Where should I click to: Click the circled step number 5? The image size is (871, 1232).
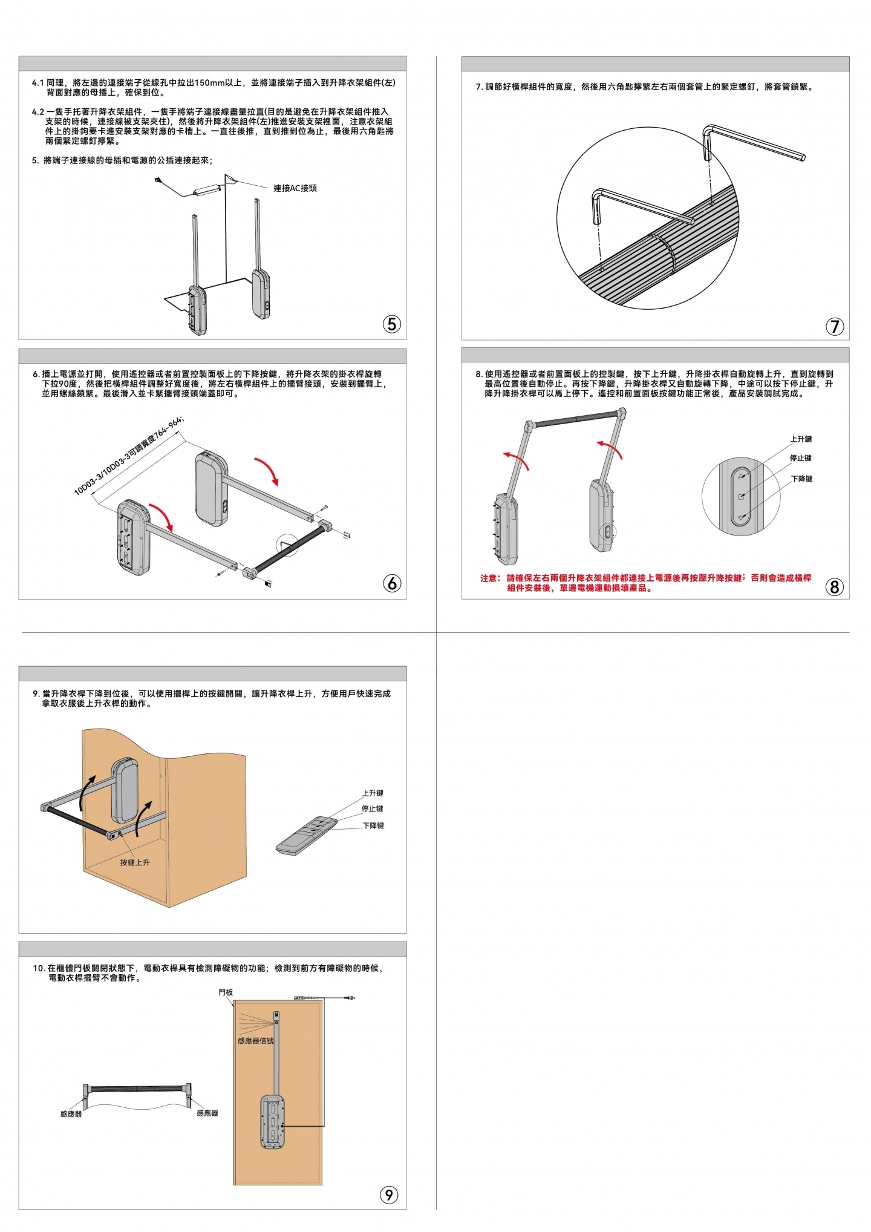click(392, 324)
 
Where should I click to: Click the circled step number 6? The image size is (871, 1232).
click(392, 583)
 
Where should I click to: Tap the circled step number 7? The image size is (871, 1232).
click(835, 326)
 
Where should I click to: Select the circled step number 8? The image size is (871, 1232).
click(835, 586)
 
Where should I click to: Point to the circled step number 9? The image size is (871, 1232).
click(388, 1194)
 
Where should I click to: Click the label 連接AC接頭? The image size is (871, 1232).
click(295, 188)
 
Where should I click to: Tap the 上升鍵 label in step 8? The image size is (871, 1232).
click(801, 439)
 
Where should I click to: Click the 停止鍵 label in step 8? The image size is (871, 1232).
click(800, 458)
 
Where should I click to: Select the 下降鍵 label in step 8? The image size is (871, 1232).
click(801, 479)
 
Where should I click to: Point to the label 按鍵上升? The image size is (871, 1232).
click(134, 862)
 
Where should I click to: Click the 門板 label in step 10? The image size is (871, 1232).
click(226, 992)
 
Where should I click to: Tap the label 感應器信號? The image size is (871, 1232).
click(255, 1041)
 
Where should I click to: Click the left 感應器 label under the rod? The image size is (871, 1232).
click(71, 1114)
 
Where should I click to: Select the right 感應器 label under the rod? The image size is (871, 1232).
click(207, 1113)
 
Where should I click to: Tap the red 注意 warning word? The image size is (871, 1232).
click(489, 578)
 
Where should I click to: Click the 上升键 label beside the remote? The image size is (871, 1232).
click(373, 793)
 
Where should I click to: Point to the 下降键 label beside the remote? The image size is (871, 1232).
click(373, 825)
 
